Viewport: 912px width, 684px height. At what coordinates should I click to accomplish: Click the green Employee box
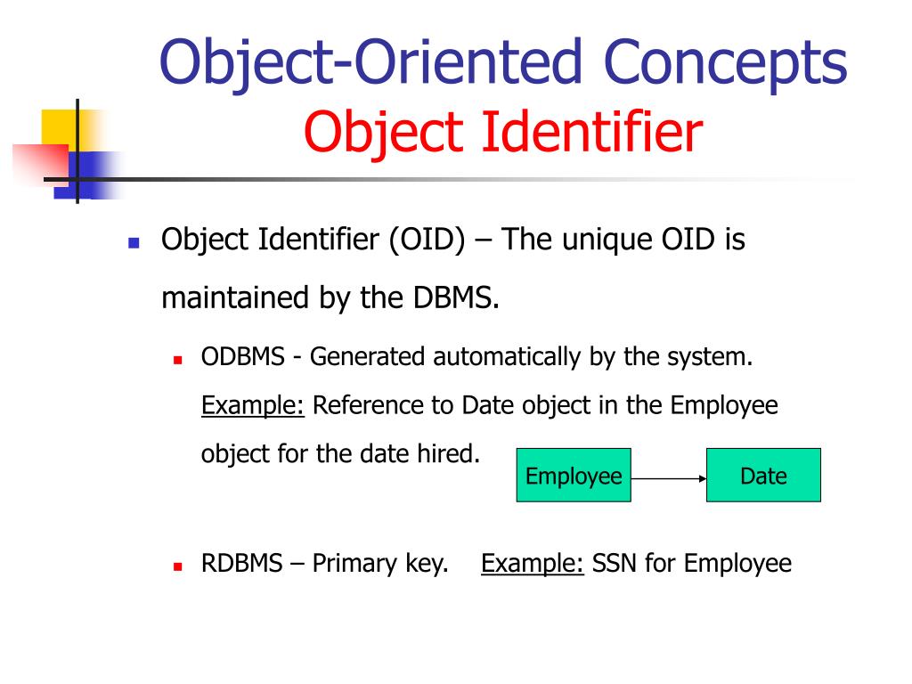point(574,476)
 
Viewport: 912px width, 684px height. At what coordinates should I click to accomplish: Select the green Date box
point(763,476)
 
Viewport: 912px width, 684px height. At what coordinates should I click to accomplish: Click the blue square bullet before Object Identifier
point(134,242)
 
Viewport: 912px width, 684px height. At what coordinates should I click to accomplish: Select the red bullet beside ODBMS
point(178,361)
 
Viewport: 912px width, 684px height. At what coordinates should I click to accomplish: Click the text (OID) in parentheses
point(425,240)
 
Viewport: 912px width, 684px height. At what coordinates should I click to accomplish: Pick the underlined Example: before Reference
point(253,406)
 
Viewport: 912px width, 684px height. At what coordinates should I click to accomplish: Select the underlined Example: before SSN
point(532,564)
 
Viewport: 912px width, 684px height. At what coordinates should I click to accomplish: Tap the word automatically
point(508,358)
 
